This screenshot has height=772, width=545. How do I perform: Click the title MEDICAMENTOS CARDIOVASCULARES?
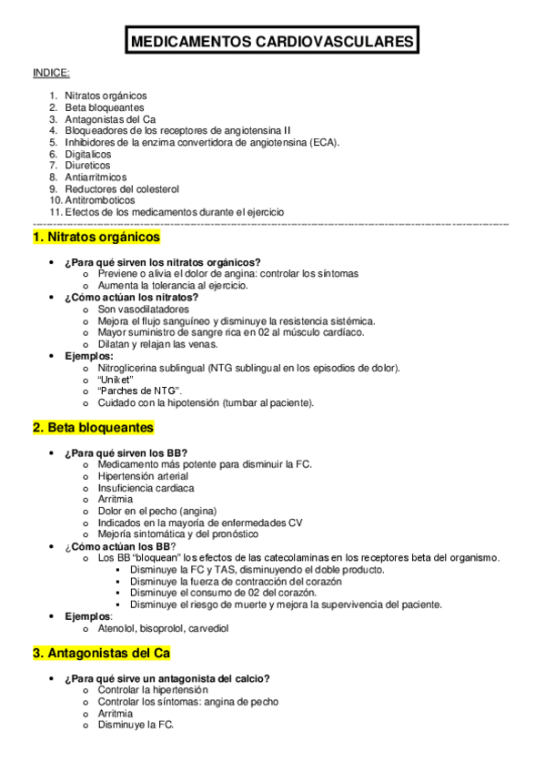(x=272, y=42)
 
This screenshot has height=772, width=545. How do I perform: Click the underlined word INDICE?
(x=51, y=73)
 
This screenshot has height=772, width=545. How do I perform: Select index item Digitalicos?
(x=88, y=154)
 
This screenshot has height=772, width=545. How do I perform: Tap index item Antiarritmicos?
(x=96, y=177)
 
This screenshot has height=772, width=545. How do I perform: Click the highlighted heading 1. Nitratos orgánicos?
(x=96, y=238)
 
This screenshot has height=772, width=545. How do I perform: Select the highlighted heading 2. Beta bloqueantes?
(x=93, y=427)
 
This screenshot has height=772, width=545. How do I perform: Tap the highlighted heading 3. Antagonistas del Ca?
(x=101, y=654)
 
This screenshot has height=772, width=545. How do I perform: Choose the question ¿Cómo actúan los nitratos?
(x=131, y=297)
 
